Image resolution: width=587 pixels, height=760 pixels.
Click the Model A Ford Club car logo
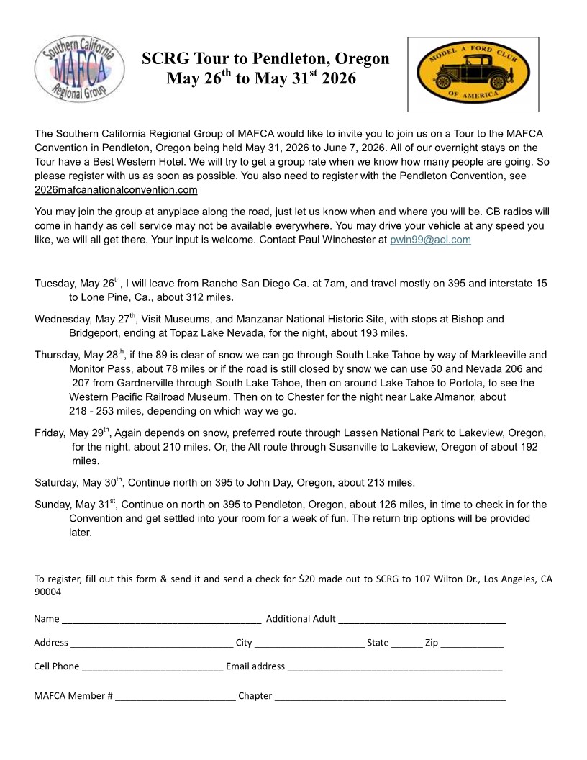(473, 74)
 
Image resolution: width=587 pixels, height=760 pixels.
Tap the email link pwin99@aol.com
(430, 240)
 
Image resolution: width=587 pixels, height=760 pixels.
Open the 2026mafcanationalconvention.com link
(116, 190)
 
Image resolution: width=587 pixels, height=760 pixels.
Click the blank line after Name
(161, 619)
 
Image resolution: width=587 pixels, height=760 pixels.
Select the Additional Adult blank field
(422, 619)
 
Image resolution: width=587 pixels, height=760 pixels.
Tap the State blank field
(406, 643)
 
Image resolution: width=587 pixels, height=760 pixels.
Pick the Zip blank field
(472, 643)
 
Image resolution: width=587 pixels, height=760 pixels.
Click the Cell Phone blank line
(153, 666)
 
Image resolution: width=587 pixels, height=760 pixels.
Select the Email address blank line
(394, 666)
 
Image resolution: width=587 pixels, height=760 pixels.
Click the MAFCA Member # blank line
(175, 696)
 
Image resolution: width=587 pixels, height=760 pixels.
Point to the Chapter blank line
(390, 696)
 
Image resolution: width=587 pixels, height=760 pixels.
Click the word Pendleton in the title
(287, 59)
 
